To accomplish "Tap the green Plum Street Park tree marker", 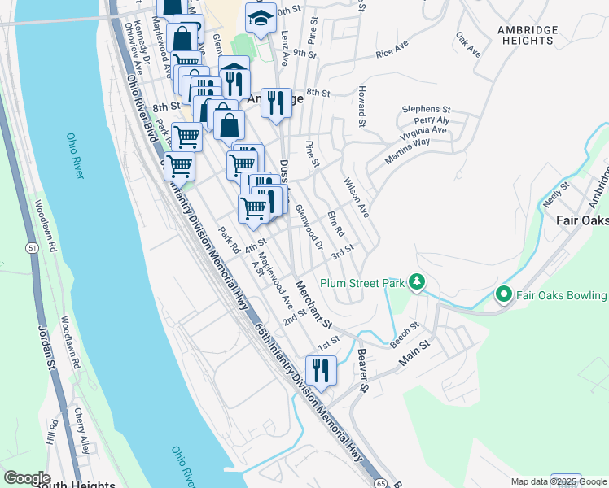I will coord(417,282).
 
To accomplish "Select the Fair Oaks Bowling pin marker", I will coord(503,294).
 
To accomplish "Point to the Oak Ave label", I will coord(468,45).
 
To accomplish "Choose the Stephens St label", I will coord(426,109).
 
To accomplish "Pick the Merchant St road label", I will coord(316,305).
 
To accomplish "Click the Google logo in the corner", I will coord(27,478).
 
